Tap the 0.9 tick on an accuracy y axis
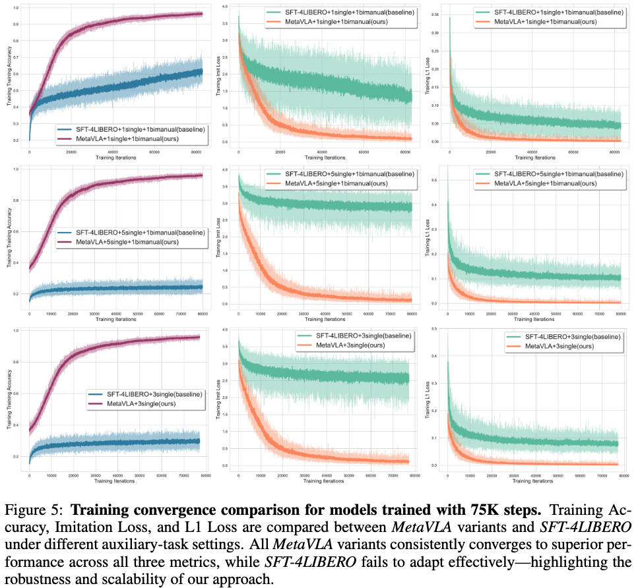click(x=16, y=24)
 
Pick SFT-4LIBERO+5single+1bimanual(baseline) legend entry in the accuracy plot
click(x=129, y=232)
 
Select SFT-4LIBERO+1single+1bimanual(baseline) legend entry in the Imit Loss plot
click(x=340, y=12)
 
